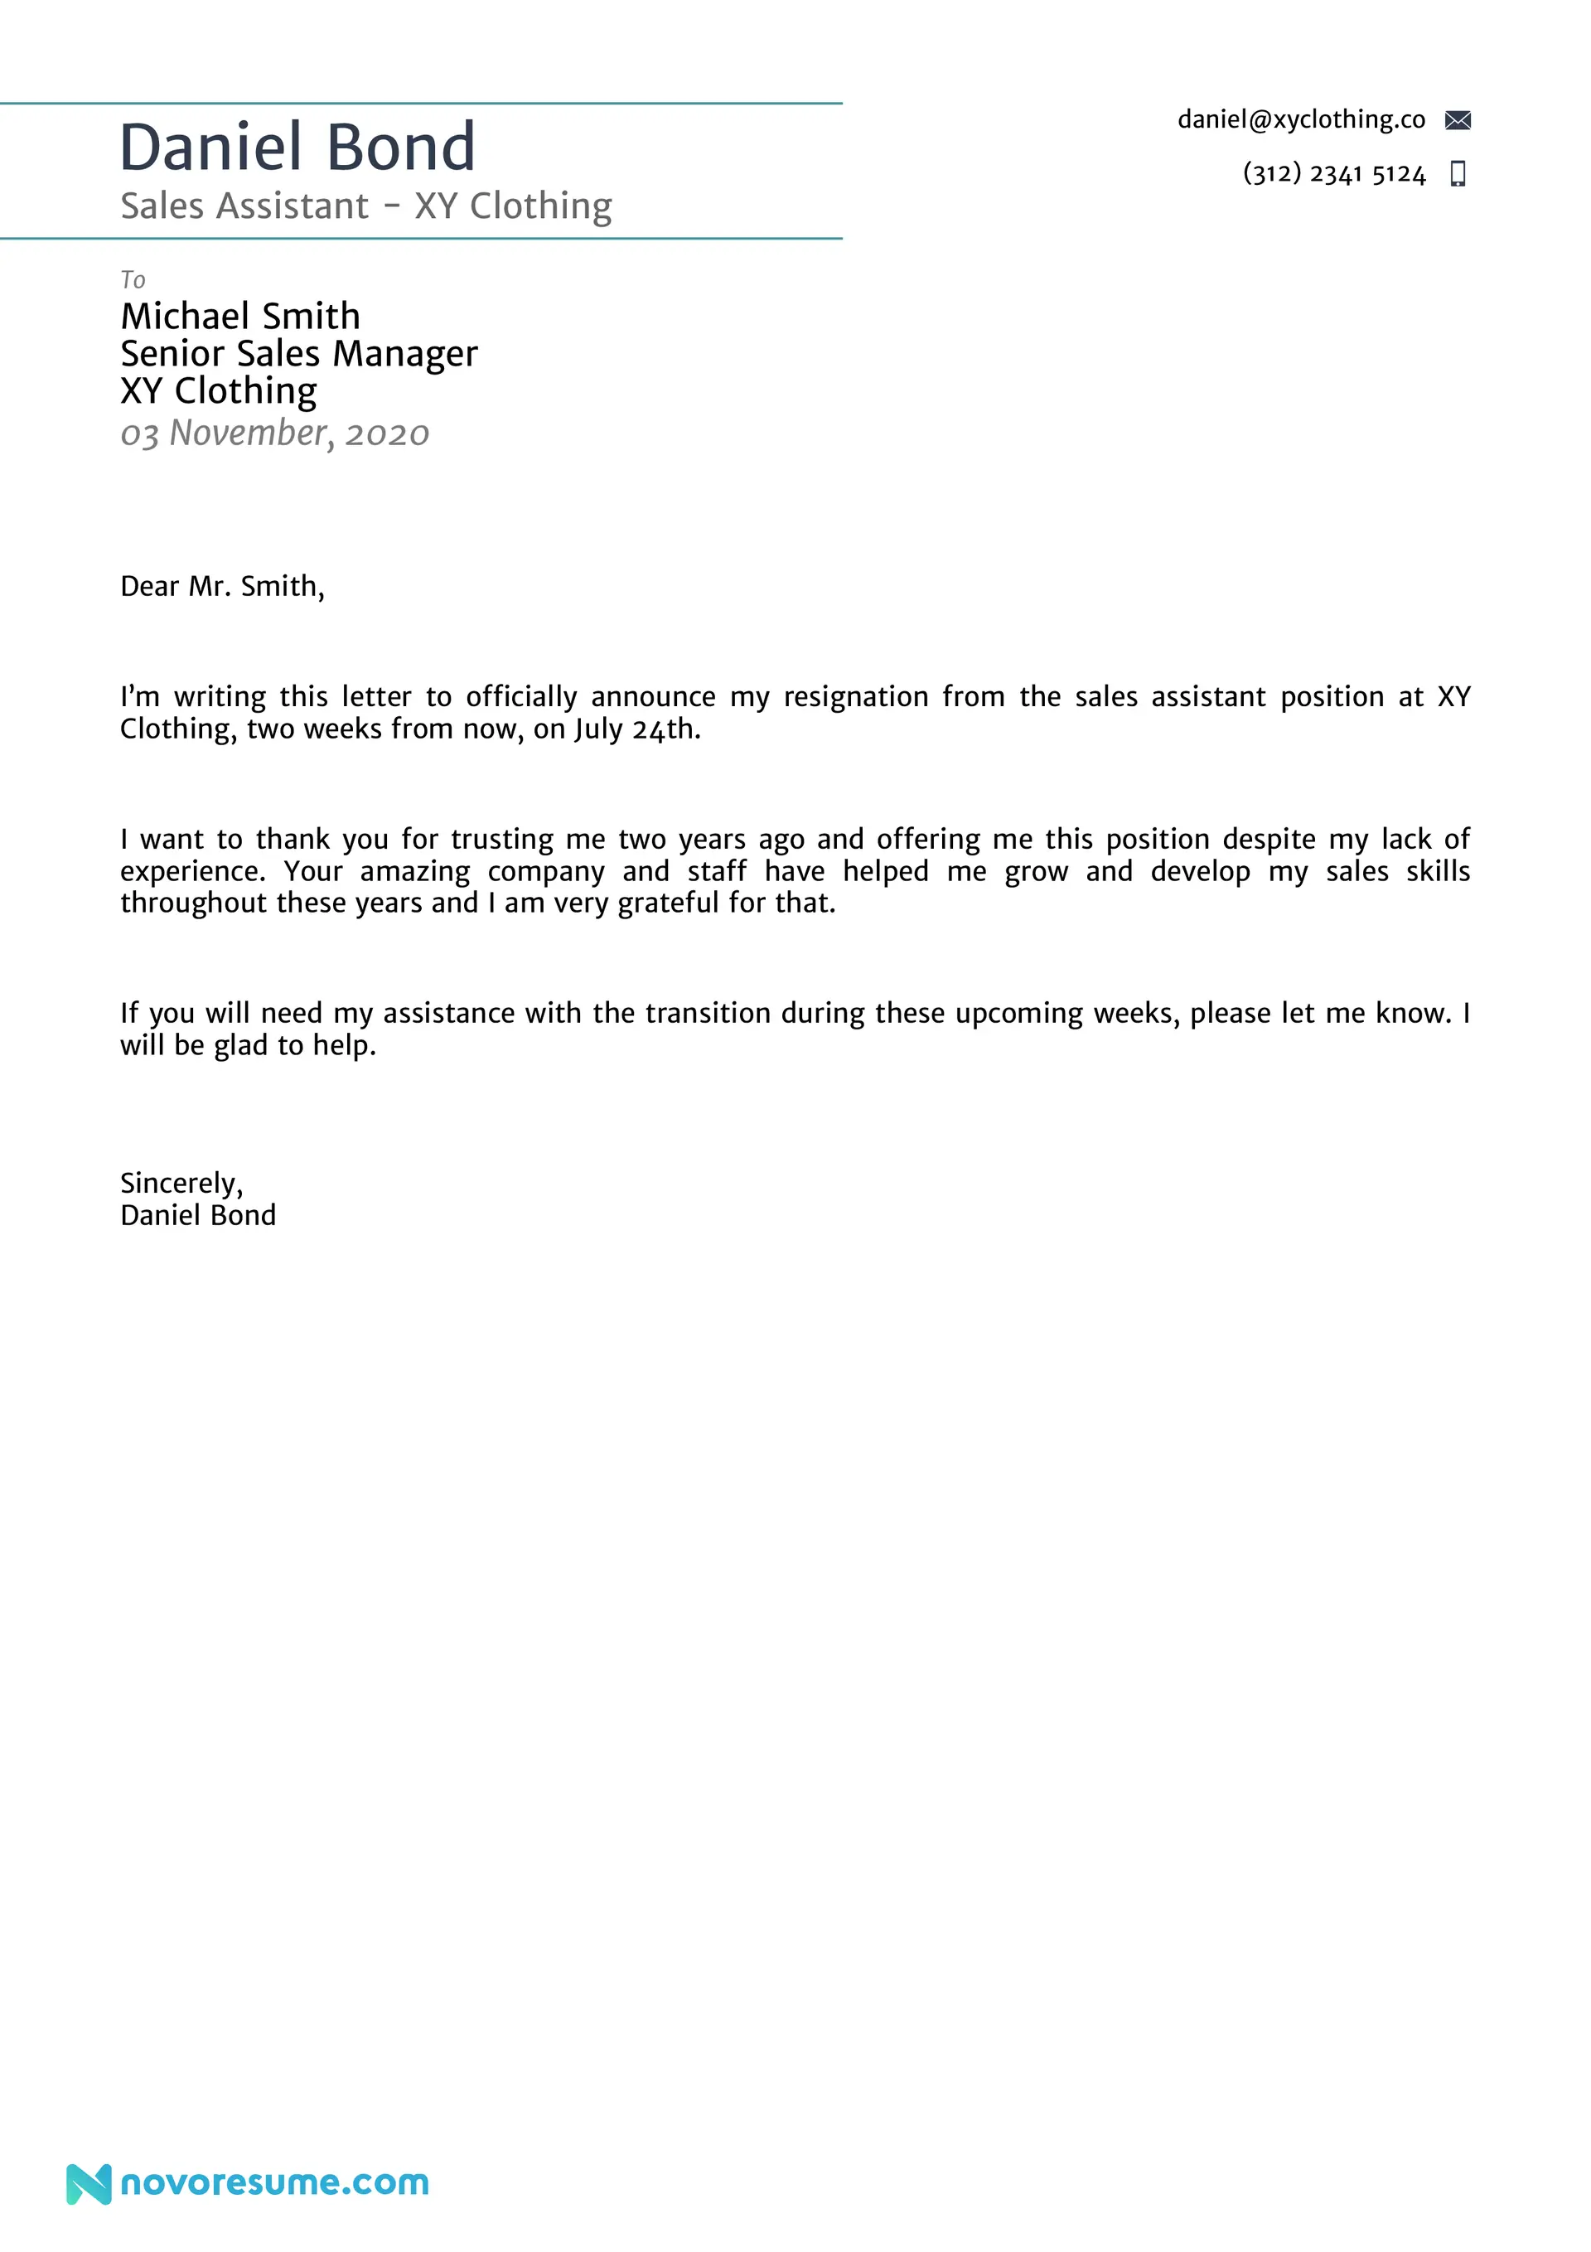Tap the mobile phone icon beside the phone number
click(x=1458, y=173)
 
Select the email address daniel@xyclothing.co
click(x=1301, y=119)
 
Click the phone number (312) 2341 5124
click(x=1333, y=173)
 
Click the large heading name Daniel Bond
click(x=297, y=148)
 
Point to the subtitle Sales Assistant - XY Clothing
click(x=366, y=206)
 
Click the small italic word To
click(x=133, y=280)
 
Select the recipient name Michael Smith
click(x=240, y=316)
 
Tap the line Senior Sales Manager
click(x=299, y=353)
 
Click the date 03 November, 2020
click(x=274, y=433)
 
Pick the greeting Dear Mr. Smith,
click(x=222, y=587)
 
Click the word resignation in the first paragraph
click(x=855, y=697)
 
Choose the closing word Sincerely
click(x=180, y=1184)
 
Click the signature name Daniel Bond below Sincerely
click(x=198, y=1216)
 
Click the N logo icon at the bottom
click(x=89, y=2183)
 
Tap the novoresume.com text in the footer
click(x=274, y=2182)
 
